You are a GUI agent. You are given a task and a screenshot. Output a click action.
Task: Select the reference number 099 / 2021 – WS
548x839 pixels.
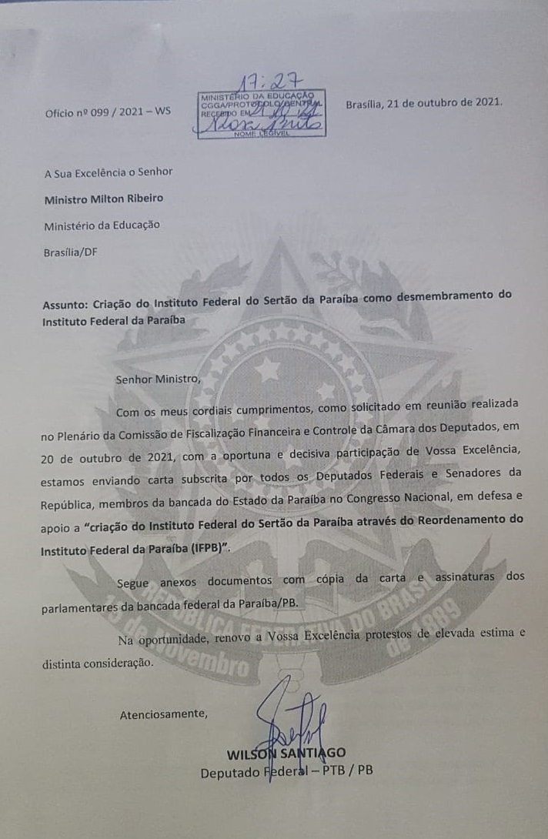[x=122, y=112]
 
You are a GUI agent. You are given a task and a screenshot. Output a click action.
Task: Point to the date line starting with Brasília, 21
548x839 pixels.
[x=424, y=102]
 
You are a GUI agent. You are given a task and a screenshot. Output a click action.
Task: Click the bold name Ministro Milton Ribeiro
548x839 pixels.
[x=103, y=198]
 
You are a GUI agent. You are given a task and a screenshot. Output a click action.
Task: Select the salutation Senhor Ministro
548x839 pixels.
[x=157, y=379]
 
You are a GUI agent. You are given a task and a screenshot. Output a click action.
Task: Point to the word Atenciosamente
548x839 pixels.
[x=162, y=714]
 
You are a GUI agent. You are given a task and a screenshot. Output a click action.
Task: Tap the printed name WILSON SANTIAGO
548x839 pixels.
[x=286, y=753]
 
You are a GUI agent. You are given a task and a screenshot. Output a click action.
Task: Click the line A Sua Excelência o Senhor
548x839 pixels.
[x=109, y=172]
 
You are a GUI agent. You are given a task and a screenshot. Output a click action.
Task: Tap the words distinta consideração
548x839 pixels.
[x=98, y=662]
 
